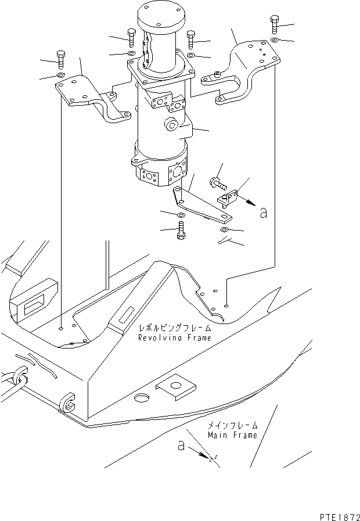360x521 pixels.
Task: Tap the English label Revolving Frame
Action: [174, 337]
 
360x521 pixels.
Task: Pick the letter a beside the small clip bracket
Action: [263, 213]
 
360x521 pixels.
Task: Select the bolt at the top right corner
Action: [275, 25]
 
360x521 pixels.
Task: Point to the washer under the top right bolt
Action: [274, 39]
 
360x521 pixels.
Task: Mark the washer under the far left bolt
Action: [60, 75]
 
